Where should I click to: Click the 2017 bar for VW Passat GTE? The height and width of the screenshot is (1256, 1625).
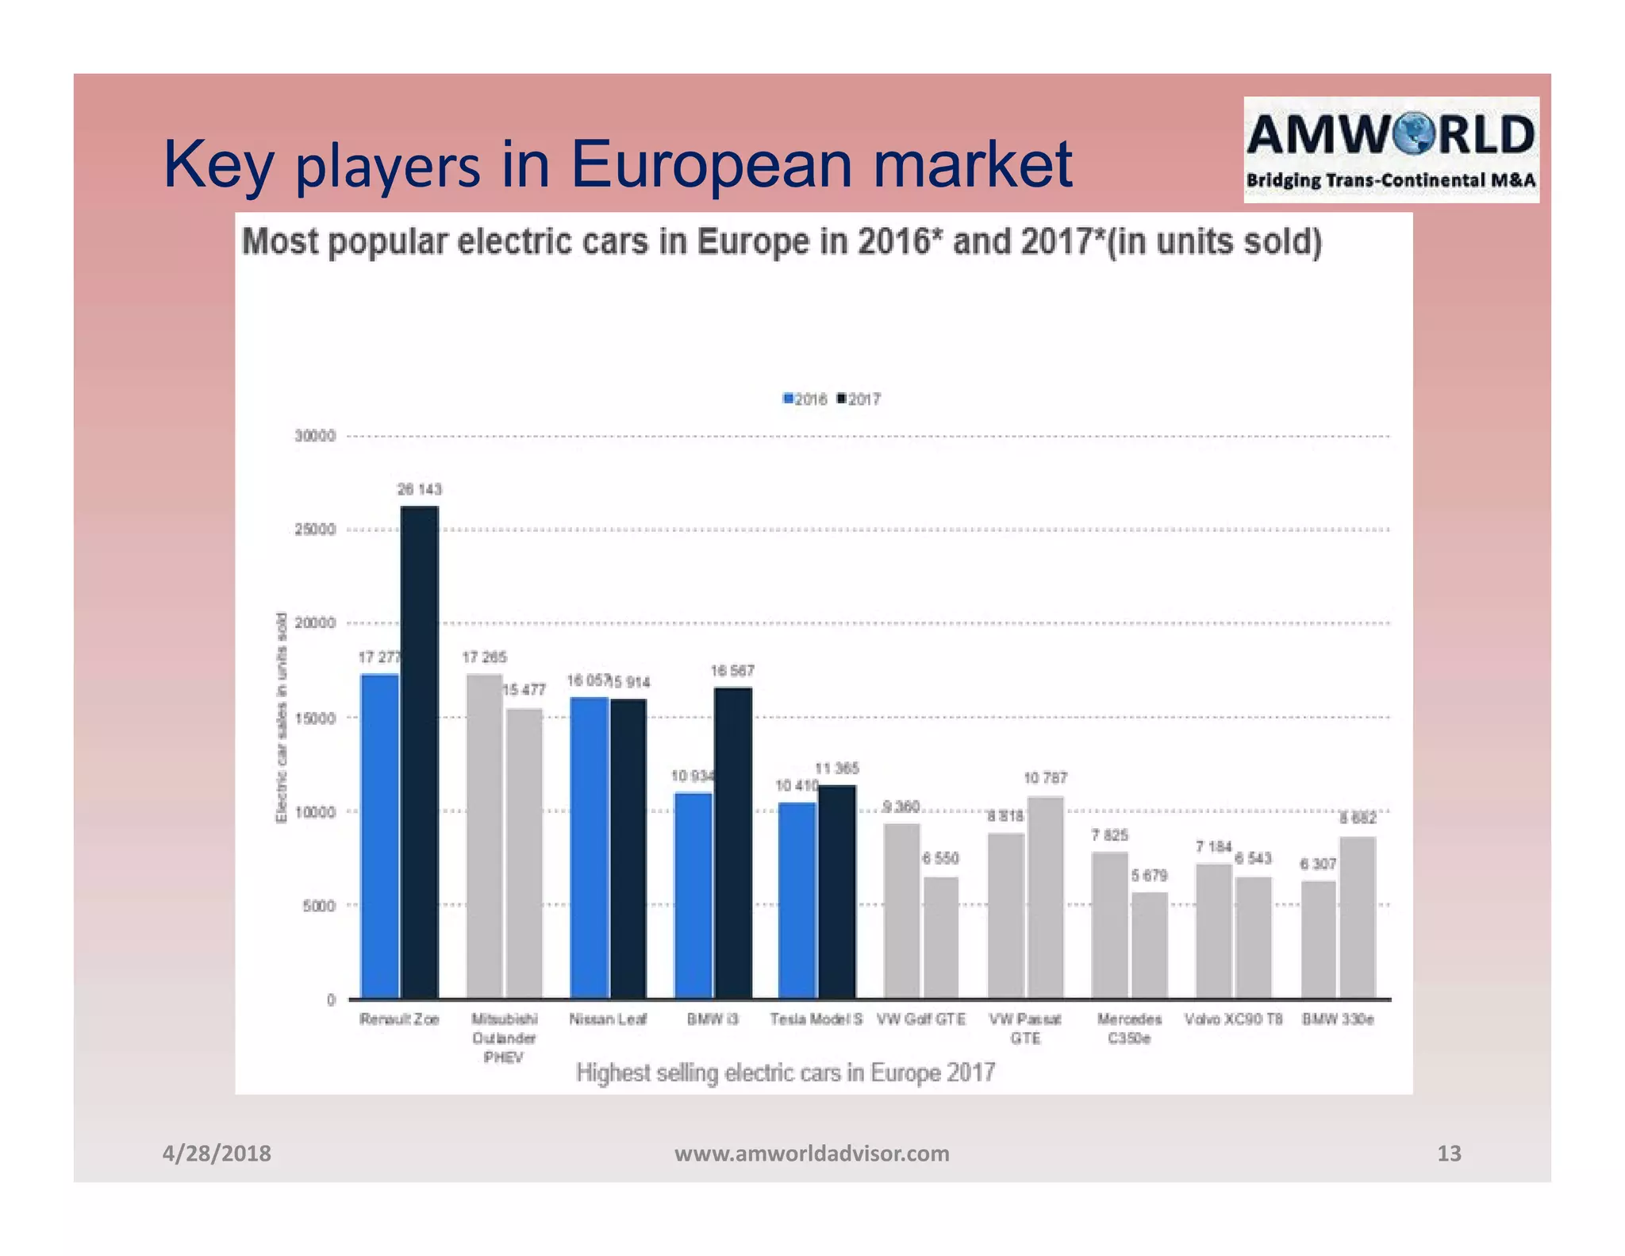[1045, 896]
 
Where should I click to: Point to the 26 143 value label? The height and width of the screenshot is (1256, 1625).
[419, 489]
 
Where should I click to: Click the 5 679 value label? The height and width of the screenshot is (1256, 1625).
[1149, 875]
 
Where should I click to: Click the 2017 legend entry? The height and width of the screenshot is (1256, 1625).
[859, 399]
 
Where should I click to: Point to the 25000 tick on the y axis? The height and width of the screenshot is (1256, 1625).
[315, 530]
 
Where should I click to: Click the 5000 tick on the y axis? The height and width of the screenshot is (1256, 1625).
[319, 905]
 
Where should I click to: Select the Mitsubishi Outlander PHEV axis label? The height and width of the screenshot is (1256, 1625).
[504, 1038]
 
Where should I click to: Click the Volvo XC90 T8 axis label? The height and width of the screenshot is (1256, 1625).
[1234, 1019]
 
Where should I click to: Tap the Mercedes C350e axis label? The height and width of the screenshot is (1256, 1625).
[1129, 1028]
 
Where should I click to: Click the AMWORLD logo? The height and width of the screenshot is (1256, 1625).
[1390, 149]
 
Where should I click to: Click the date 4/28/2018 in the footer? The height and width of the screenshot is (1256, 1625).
[216, 1153]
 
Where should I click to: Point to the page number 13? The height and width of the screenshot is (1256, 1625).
[1449, 1153]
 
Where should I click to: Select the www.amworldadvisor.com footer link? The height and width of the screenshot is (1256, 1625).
[811, 1153]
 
